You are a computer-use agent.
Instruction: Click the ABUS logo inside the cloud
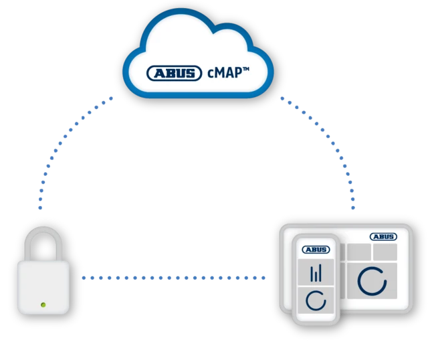tap(173, 73)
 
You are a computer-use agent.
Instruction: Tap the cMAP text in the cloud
tap(223, 72)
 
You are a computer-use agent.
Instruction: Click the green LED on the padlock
tap(43, 305)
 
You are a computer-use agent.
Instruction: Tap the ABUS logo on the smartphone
tap(316, 250)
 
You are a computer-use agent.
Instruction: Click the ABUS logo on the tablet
tap(383, 237)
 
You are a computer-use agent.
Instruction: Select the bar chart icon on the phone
tap(316, 273)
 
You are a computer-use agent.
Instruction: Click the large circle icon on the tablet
tap(372, 281)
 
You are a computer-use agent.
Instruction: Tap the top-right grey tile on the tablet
tap(385, 252)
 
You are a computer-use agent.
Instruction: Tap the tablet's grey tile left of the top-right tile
tap(358, 252)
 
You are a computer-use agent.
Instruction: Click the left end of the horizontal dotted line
tap(84, 277)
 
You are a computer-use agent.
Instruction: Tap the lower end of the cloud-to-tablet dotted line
tap(353, 210)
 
